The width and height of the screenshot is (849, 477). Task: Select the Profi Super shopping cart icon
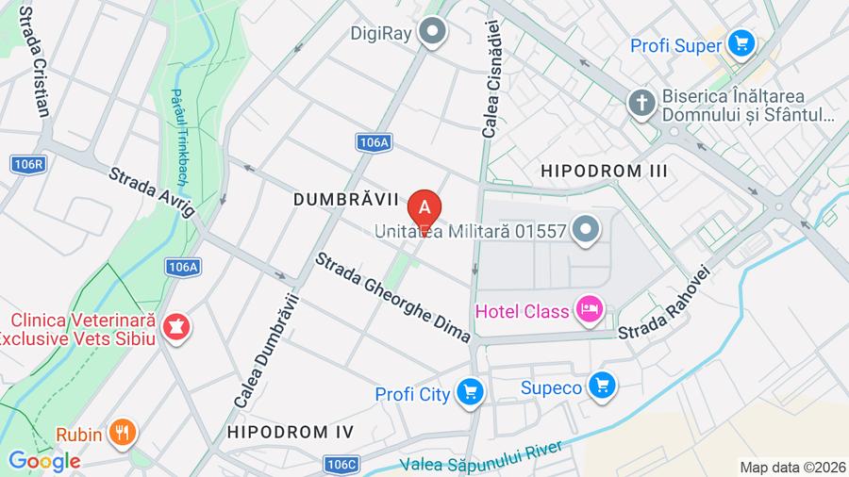point(741,42)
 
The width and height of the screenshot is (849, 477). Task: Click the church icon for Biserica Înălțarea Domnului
point(641,103)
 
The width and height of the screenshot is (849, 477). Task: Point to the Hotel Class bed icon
point(591,310)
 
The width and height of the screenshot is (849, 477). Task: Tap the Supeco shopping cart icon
point(602,386)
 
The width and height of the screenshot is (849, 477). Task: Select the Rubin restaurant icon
point(123,433)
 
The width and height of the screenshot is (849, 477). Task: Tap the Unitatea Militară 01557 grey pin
point(587,228)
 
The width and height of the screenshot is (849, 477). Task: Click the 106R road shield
point(29,164)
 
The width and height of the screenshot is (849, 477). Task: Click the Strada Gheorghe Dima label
point(392,296)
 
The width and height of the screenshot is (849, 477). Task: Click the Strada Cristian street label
point(33,61)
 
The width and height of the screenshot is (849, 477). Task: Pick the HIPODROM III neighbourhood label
point(604,171)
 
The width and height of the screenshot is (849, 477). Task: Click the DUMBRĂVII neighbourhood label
point(341,200)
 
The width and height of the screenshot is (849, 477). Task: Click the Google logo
point(43,461)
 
